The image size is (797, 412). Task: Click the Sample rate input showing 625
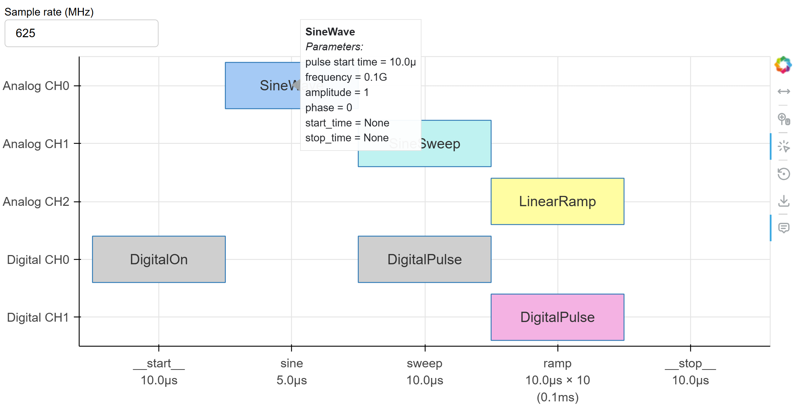click(x=81, y=33)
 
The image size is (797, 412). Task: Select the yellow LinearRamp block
click(x=557, y=201)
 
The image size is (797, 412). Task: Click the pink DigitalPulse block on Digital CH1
click(x=557, y=317)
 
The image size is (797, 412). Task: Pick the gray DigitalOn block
click(x=159, y=259)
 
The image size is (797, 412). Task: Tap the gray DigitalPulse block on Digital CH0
click(x=424, y=259)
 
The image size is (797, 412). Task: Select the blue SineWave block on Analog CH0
click(x=262, y=85)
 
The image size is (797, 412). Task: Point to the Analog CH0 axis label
click(x=36, y=86)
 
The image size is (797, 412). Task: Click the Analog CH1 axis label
click(x=36, y=144)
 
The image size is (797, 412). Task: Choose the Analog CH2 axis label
click(x=36, y=202)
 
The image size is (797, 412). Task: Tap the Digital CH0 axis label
click(x=38, y=260)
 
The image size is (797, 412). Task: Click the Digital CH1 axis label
click(x=38, y=317)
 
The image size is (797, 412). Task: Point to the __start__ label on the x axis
click(x=159, y=363)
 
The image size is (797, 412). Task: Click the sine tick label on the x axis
click(x=292, y=363)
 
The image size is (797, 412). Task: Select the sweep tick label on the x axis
click(x=424, y=363)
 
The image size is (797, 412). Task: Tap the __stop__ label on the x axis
click(x=690, y=363)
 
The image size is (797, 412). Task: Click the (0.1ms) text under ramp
click(x=557, y=397)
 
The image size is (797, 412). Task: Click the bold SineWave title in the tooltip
click(x=330, y=32)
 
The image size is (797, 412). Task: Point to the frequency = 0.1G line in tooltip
click(x=346, y=77)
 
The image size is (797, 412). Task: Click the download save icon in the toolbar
click(x=784, y=201)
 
